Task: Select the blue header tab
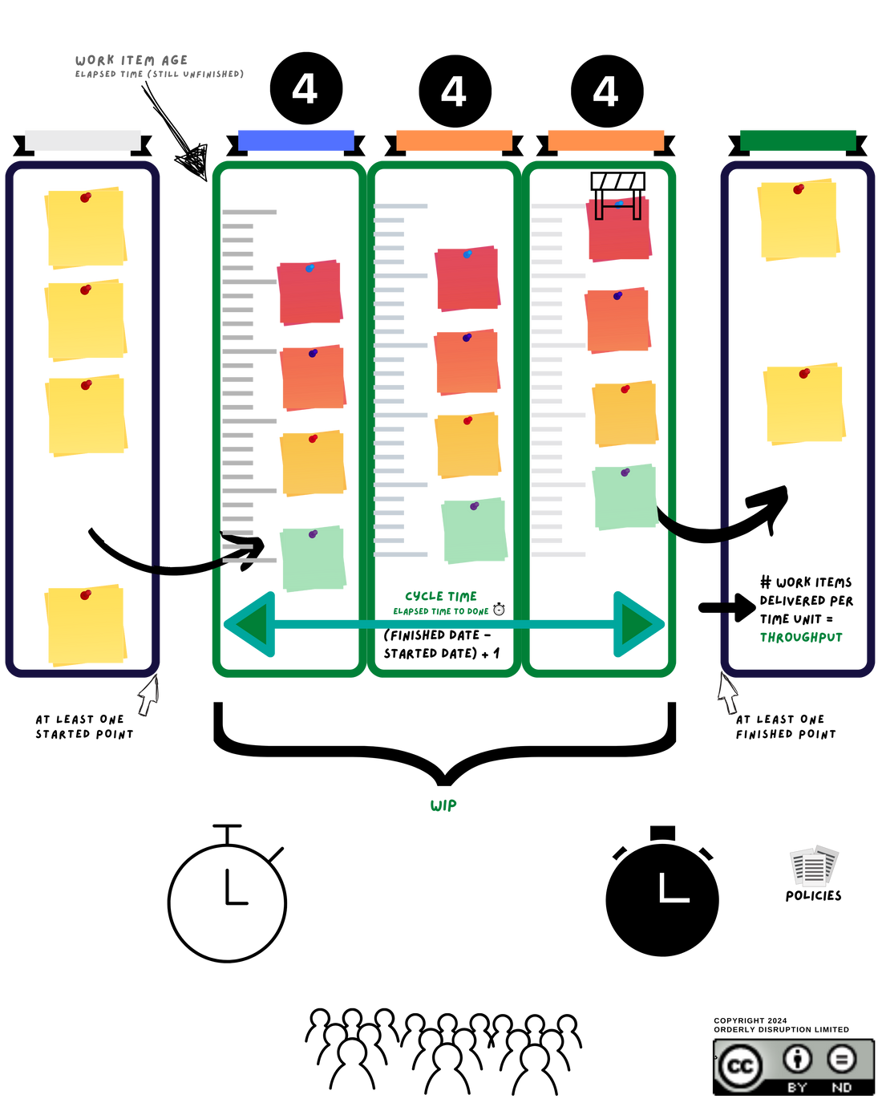(296, 140)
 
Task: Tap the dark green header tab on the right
(798, 140)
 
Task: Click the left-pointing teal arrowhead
(250, 624)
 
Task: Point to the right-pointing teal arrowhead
(638, 624)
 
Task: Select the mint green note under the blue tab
(313, 559)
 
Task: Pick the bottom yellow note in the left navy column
(86, 625)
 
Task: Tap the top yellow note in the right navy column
(798, 220)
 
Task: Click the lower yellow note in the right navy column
(804, 403)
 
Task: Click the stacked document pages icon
(814, 866)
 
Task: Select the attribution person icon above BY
(797, 1059)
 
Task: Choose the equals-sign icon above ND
(841, 1059)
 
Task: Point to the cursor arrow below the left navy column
(148, 695)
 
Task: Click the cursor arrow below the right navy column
(727, 693)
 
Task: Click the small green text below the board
(443, 805)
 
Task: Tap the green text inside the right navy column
(801, 638)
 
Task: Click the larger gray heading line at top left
(131, 60)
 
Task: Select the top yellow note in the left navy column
(86, 229)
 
